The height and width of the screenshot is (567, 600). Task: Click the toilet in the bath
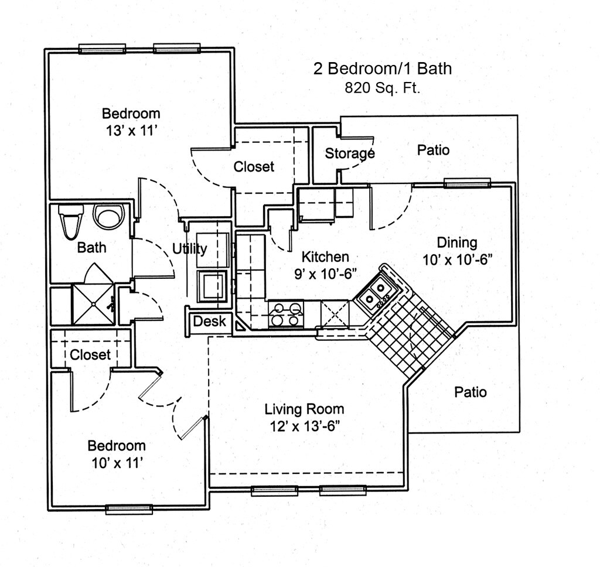(69, 223)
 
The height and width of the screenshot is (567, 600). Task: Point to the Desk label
(209, 321)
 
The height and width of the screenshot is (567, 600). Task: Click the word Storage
(350, 154)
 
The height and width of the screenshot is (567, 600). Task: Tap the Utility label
(189, 249)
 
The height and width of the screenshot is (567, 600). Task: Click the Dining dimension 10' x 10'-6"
(456, 259)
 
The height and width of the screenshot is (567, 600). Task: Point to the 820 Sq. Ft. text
(382, 89)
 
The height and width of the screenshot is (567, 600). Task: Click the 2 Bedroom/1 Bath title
(383, 69)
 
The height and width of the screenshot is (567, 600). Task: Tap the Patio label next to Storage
(434, 150)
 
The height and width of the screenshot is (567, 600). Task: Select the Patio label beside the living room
(471, 392)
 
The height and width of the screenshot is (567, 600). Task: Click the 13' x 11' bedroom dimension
(131, 130)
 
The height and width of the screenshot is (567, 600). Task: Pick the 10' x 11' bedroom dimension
(117, 463)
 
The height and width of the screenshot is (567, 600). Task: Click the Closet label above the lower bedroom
(90, 354)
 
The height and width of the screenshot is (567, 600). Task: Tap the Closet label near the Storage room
(254, 167)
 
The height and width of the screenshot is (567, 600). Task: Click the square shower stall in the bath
(93, 303)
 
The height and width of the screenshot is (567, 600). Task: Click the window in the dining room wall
(466, 183)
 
